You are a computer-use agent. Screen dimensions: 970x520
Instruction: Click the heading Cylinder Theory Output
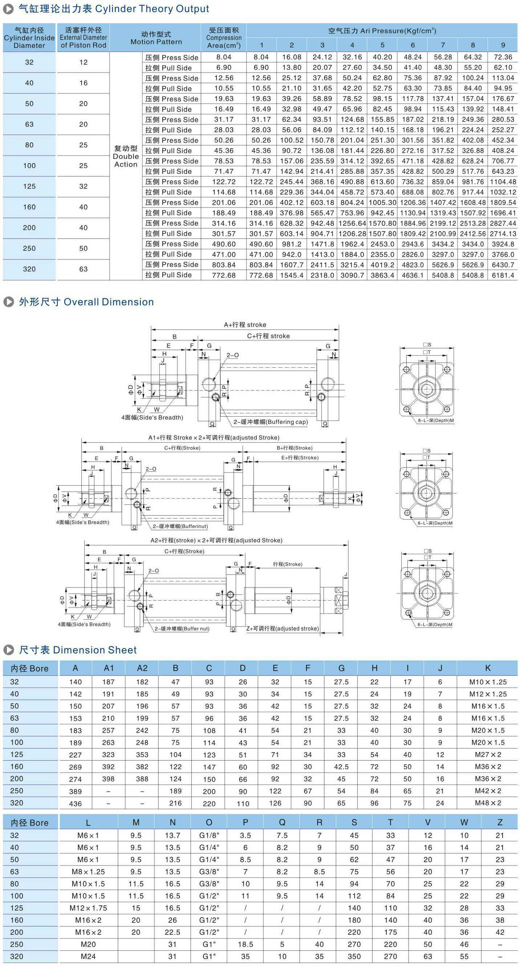tap(113, 9)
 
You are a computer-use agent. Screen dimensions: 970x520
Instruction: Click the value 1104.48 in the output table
tap(503, 182)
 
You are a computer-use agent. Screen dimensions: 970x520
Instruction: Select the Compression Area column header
tap(224, 38)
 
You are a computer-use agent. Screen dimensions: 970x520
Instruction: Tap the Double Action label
tap(126, 156)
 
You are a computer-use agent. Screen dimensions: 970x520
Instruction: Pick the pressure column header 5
tap(382, 45)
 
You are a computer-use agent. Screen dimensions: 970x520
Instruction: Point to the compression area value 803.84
tap(224, 265)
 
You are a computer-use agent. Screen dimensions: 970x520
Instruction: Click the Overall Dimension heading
tap(86, 302)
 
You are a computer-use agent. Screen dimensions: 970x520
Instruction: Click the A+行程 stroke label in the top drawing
tap(245, 324)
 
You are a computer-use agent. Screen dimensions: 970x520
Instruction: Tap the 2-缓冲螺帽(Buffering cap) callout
tap(271, 422)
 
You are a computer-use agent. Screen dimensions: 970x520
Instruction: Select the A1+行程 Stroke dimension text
tap(214, 438)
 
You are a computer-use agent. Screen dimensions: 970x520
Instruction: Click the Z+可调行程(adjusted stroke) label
tap(283, 629)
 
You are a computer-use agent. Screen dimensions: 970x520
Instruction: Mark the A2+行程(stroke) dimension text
tap(216, 540)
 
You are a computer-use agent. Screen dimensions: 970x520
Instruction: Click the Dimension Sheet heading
tap(78, 650)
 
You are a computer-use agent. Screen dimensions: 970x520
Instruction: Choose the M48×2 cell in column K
tap(488, 803)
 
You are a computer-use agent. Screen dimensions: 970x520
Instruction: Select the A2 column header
tap(142, 668)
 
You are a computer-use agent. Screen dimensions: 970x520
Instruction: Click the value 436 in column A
tap(76, 803)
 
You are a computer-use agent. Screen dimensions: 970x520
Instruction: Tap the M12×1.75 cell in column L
tap(88, 908)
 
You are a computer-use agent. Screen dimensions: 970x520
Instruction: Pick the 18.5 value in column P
tap(245, 944)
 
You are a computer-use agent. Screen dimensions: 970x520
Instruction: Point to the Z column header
tap(500, 823)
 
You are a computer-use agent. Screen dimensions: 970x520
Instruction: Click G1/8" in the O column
tap(209, 836)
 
